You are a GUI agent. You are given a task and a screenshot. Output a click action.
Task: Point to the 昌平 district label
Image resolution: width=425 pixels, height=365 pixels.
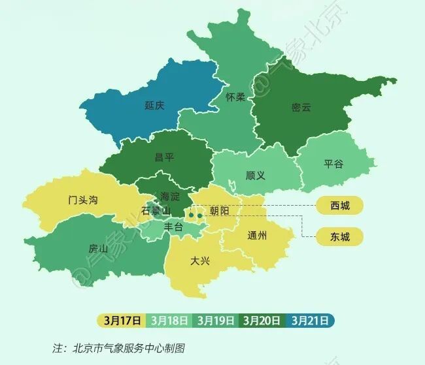(x=164, y=157)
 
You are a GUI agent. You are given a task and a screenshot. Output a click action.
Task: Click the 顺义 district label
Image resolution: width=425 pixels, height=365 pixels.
(x=255, y=176)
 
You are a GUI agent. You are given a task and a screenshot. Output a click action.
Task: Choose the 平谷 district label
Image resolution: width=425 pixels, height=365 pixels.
(x=333, y=164)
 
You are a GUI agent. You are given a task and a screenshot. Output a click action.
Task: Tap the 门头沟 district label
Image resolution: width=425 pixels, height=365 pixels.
(x=83, y=200)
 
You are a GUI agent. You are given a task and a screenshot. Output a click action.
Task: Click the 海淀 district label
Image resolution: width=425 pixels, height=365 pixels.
(x=170, y=196)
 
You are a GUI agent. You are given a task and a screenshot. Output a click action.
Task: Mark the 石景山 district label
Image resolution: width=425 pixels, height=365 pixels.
(x=156, y=210)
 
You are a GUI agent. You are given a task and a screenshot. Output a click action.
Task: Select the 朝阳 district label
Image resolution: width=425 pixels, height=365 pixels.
(x=220, y=210)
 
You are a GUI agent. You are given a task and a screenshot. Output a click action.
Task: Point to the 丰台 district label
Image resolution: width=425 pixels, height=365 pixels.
(x=173, y=227)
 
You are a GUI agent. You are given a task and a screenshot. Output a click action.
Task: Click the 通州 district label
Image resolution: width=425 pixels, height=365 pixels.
(x=258, y=236)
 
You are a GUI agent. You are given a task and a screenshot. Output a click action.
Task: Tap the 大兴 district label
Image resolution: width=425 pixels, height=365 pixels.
(x=200, y=261)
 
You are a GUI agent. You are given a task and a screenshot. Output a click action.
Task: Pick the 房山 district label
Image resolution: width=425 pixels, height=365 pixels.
(x=98, y=248)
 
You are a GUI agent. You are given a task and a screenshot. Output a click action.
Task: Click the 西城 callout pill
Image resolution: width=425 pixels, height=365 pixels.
(x=340, y=206)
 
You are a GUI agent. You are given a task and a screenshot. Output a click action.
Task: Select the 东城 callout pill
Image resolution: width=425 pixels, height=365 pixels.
(x=340, y=236)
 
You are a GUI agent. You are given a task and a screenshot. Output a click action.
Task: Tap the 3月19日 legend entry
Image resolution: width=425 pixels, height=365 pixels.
(x=216, y=321)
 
